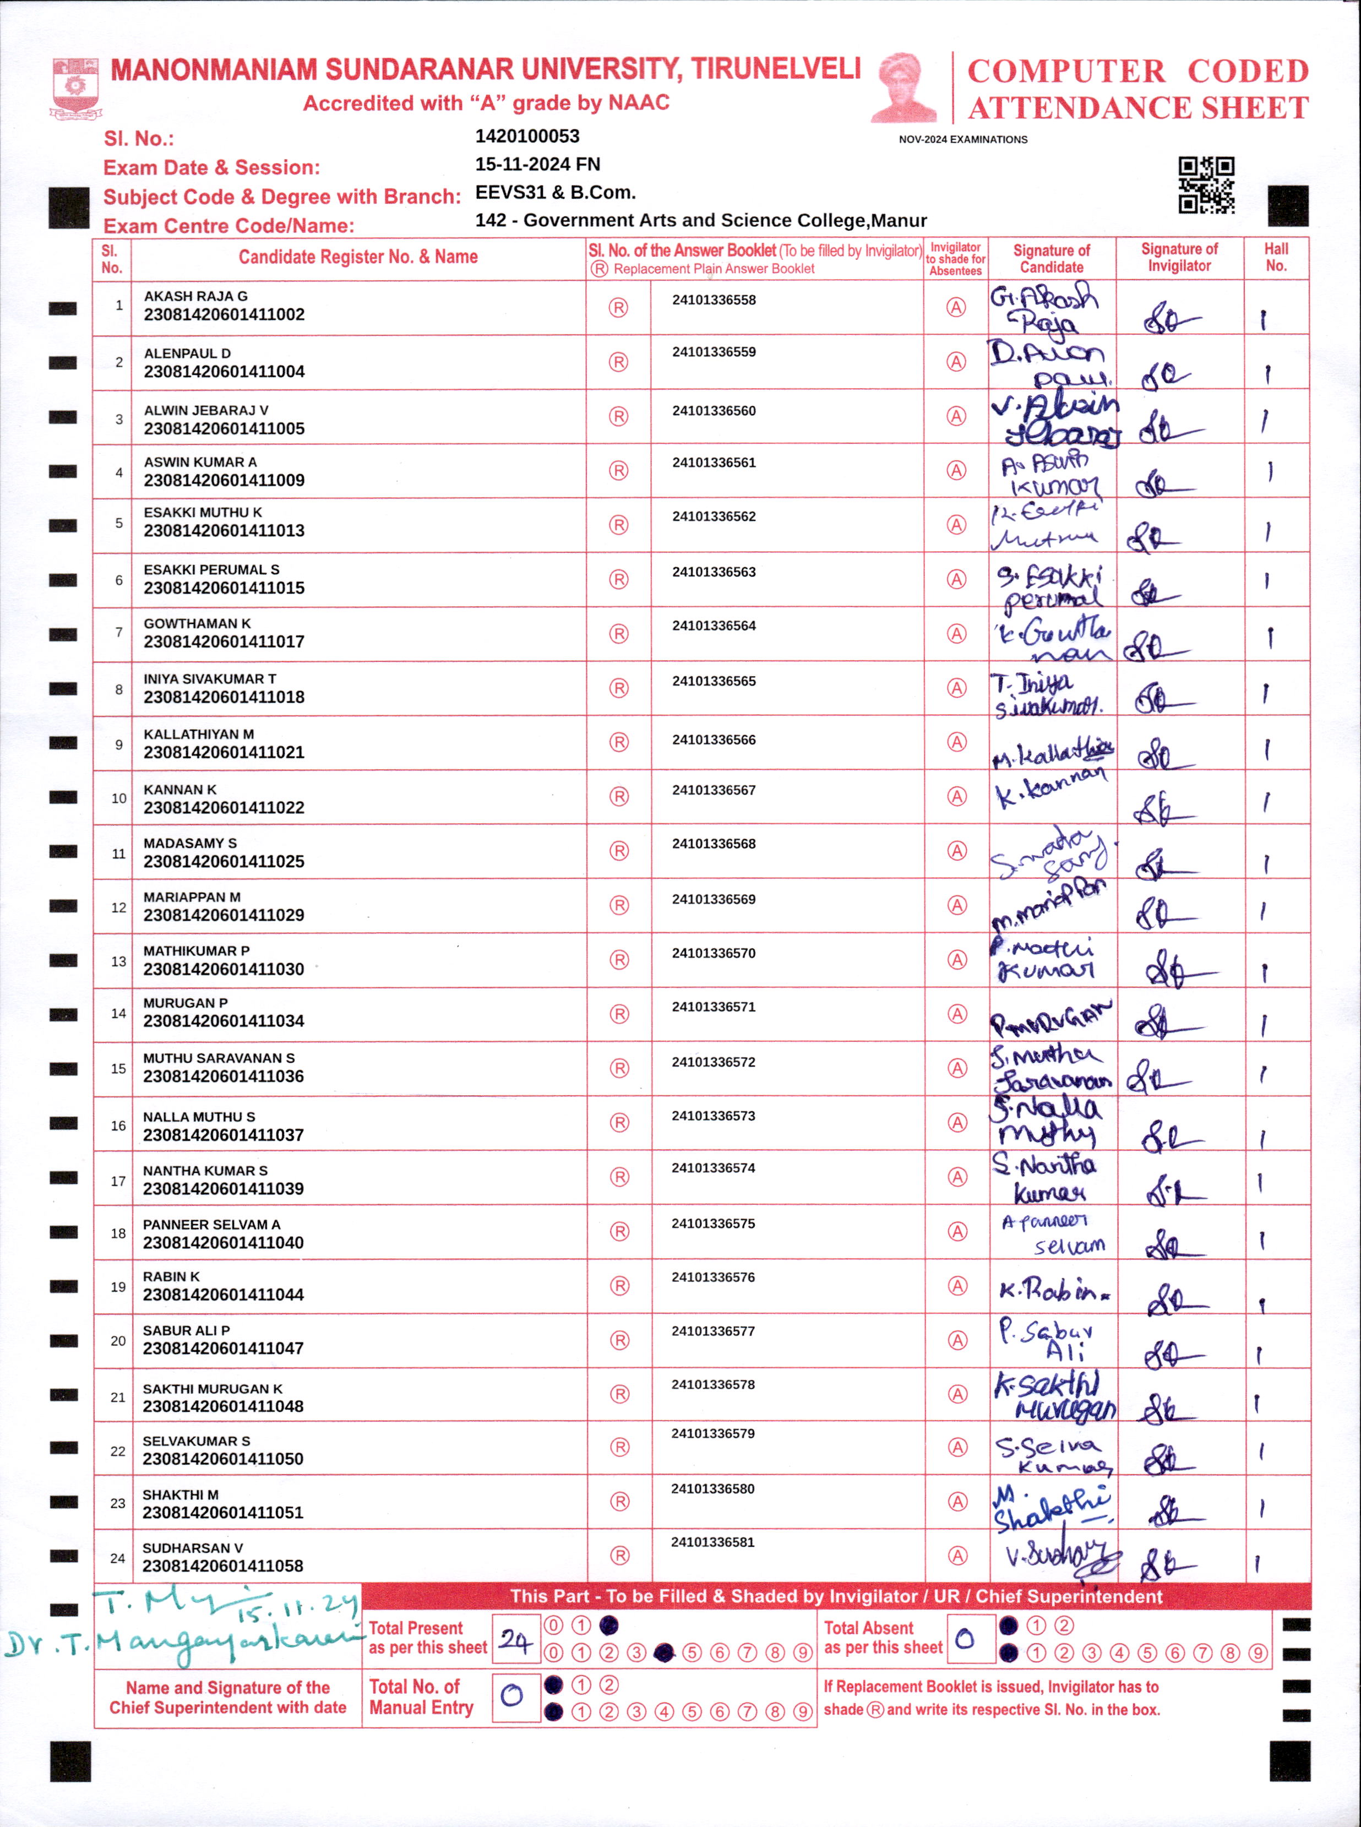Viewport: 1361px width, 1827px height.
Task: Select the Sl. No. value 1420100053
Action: pos(527,136)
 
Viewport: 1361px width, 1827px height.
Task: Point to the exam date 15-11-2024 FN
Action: pos(537,164)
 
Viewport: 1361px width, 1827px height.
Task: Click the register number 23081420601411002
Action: pos(224,314)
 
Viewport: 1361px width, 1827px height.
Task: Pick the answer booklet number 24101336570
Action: pos(714,953)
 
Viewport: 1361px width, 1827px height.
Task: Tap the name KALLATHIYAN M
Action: pos(199,734)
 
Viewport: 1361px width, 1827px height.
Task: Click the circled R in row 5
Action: pos(618,525)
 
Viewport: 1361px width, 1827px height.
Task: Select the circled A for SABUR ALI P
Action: pos(956,1340)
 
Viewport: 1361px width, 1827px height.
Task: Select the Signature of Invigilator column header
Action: pos(1179,257)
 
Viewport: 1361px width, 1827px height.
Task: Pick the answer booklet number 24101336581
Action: pos(712,1542)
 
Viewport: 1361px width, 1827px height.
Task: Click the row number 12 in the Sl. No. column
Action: pos(118,908)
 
